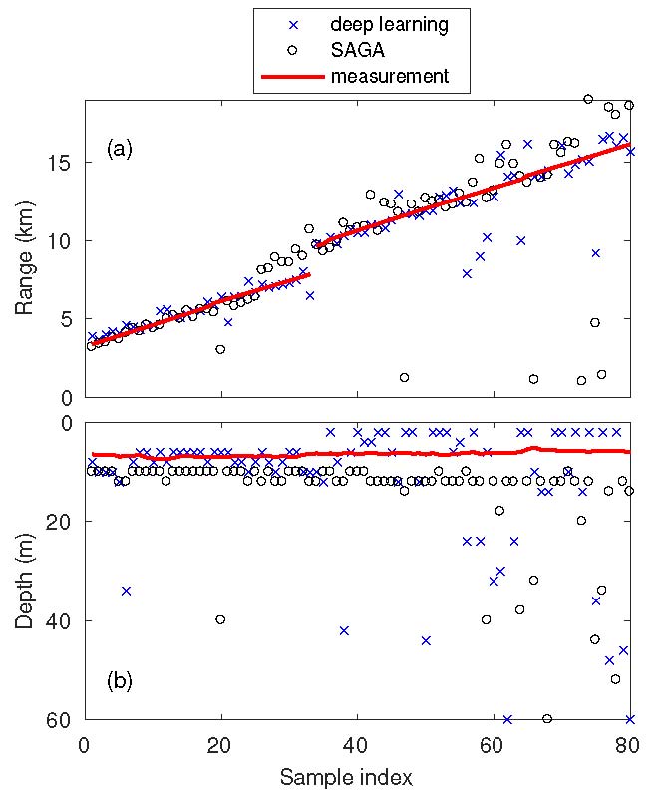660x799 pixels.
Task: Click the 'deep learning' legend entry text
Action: pos(389,22)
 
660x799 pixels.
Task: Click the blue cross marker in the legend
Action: pos(292,22)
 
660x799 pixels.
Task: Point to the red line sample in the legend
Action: pos(292,76)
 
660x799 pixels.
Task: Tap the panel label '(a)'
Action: pos(120,151)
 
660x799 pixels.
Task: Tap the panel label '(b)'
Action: pos(120,683)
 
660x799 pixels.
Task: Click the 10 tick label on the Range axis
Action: pos(65,241)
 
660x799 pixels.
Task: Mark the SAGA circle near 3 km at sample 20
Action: pos(220,349)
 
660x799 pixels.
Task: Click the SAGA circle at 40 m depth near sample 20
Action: pos(220,619)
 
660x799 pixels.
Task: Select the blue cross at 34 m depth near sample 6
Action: pos(126,591)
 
